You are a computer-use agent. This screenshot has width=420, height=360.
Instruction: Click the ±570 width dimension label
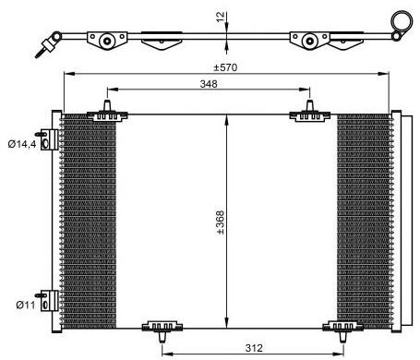225,67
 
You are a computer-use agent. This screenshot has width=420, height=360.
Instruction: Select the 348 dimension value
209,84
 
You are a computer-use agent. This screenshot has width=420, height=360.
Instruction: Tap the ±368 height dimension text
221,222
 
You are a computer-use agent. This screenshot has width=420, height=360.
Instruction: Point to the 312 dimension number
254,348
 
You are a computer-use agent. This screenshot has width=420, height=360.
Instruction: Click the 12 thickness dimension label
221,17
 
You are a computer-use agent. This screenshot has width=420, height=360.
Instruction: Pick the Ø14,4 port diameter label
22,144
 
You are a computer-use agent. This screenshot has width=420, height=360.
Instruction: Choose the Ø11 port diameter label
26,305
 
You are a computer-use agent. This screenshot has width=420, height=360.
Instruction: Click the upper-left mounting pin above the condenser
107,105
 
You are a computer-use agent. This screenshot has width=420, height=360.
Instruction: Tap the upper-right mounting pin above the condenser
310,105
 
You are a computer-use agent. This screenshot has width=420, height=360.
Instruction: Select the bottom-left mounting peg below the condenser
162,337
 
